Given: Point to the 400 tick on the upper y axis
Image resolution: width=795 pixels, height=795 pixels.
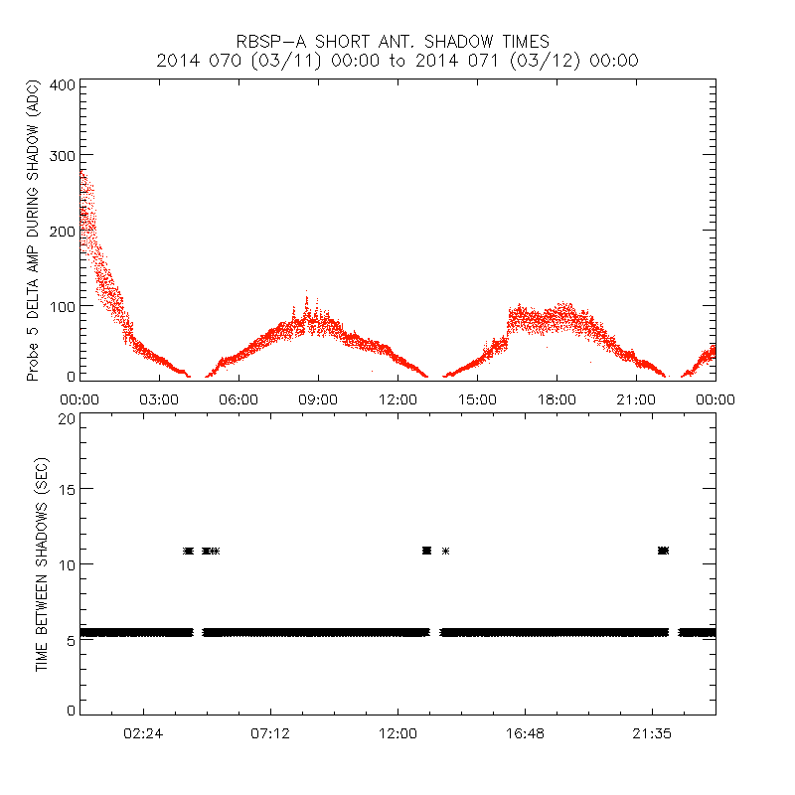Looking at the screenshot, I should click(x=61, y=84).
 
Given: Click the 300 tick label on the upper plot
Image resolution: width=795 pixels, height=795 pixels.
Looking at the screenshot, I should click(x=61, y=155).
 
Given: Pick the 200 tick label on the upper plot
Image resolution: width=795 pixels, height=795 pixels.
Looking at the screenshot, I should click(x=61, y=230).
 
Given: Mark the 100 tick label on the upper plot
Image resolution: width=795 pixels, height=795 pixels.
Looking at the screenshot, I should click(x=61, y=304).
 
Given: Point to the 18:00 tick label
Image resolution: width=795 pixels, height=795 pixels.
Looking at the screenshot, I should click(x=556, y=399).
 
